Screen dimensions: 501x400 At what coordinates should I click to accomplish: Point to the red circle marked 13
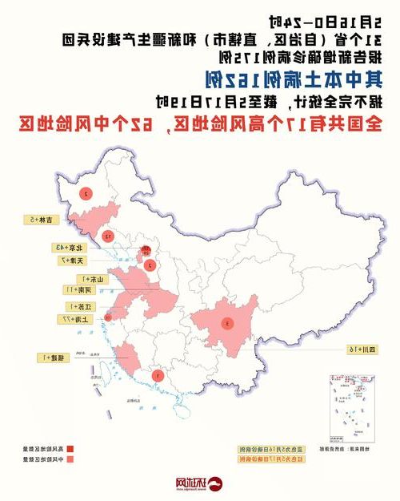[x=106, y=236]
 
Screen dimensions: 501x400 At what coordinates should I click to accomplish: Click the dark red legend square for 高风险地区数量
[x=70, y=449]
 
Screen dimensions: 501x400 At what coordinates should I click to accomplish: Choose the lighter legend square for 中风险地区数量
[x=70, y=460]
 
